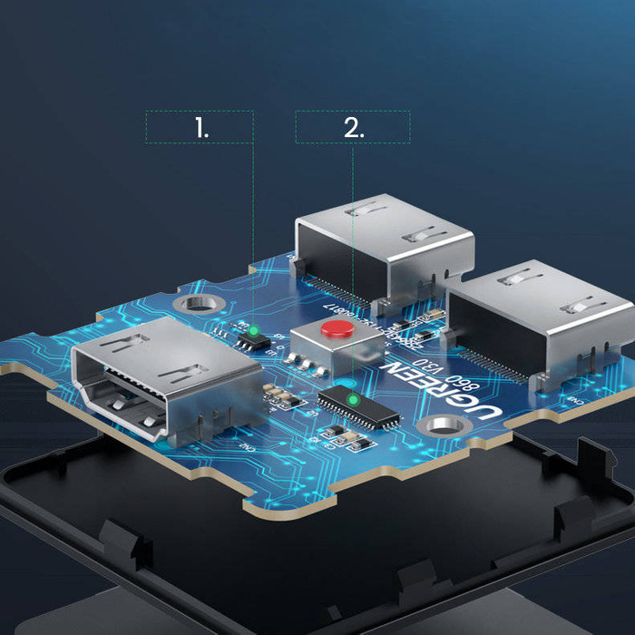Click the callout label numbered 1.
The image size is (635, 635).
[x=200, y=128]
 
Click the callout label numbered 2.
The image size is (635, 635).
[x=353, y=128]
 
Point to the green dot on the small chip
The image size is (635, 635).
[x=253, y=330]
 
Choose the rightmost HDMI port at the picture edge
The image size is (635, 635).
[x=544, y=322]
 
